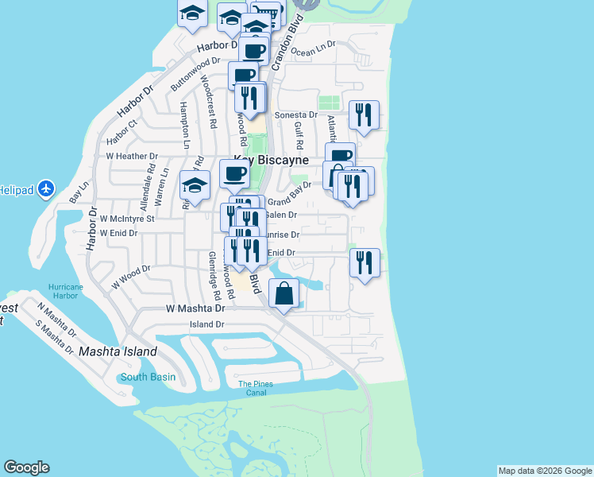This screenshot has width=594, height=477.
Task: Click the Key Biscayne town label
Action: (x=270, y=159)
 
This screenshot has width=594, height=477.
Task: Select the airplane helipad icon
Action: (x=45, y=189)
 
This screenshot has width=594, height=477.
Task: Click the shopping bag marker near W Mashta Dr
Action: (x=284, y=294)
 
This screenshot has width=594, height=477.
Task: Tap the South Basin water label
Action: (x=148, y=377)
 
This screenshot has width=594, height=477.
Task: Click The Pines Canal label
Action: (x=256, y=389)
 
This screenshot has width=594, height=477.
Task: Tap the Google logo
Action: (x=26, y=467)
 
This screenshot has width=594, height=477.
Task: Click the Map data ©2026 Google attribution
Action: (x=545, y=471)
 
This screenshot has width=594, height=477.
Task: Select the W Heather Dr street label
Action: (x=132, y=157)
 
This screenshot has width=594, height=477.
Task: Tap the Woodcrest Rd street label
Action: (x=208, y=102)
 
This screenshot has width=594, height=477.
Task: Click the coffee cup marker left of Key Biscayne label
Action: (x=233, y=173)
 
